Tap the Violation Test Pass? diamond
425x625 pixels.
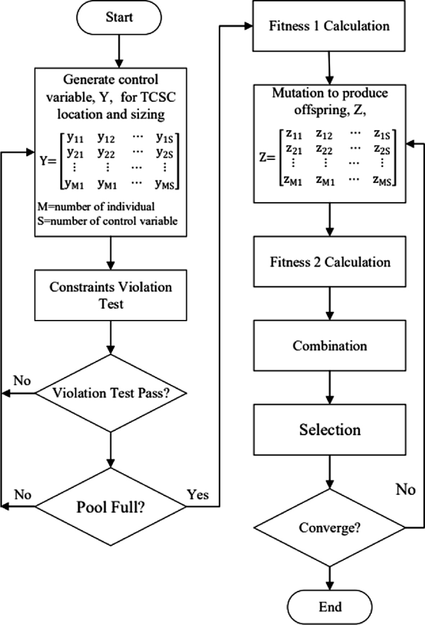[111, 392]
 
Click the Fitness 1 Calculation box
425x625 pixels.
[329, 27]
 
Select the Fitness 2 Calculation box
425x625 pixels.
[329, 262]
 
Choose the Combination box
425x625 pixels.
[329, 345]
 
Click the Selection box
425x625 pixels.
[329, 429]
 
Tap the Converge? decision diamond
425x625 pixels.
[329, 529]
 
